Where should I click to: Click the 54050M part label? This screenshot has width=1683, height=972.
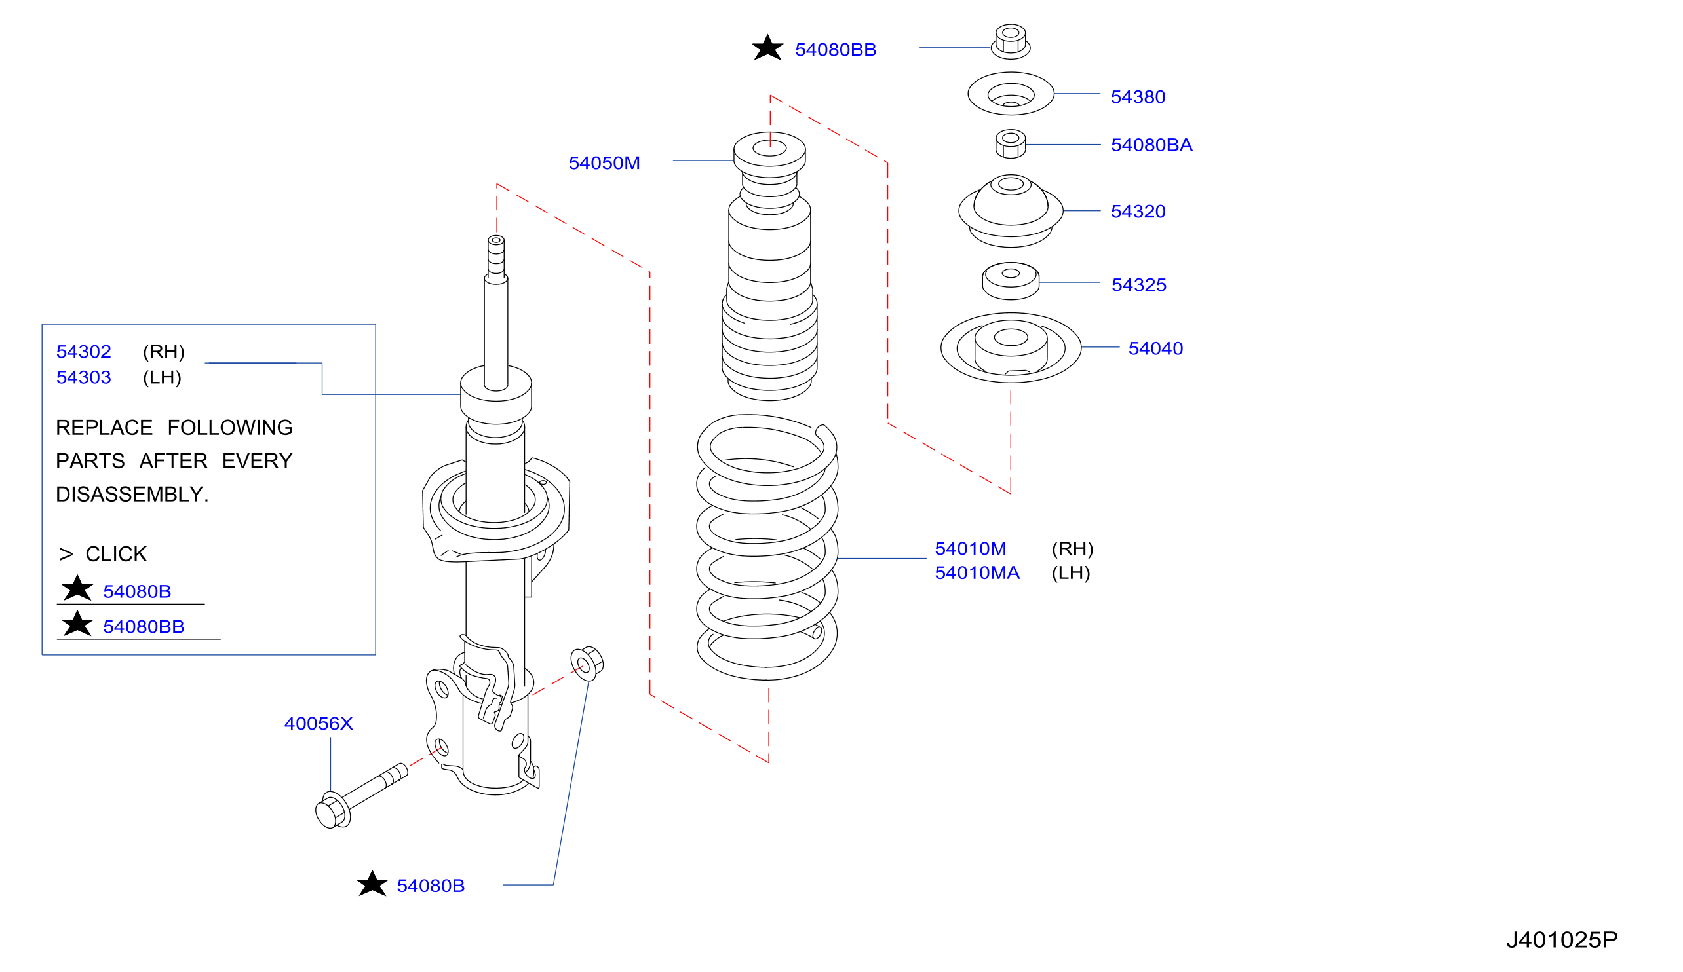coord(604,163)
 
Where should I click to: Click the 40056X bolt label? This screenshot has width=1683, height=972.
coord(318,724)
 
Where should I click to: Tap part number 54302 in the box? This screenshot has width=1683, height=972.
coord(83,352)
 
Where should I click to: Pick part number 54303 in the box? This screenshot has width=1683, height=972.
coord(83,378)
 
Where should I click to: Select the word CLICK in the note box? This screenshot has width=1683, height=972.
coord(115,554)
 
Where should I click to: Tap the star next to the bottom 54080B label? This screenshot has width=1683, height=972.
coord(372,884)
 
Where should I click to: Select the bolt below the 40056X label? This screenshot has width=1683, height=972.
coord(360,795)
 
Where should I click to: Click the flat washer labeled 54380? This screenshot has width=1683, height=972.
coord(1011,94)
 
